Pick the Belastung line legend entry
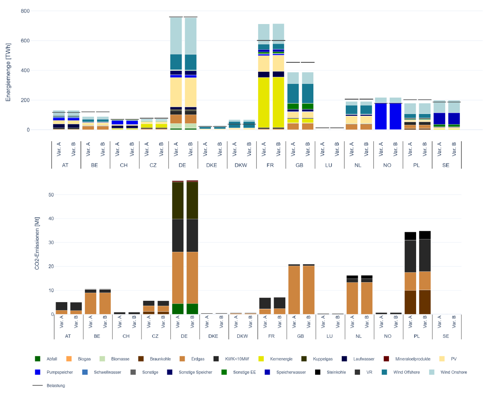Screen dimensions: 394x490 pyautogui.click(x=49, y=386)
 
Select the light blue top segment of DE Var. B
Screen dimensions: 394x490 pyautogui.click(x=191, y=36)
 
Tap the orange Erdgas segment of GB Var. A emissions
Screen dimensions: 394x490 pyautogui.click(x=293, y=290)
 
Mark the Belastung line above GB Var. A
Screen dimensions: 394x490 pyautogui.click(x=293, y=62)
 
